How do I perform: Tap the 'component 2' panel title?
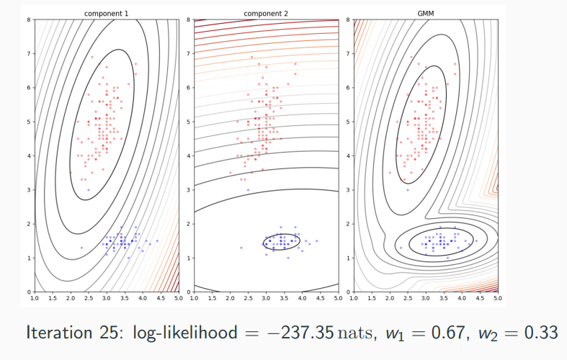264,12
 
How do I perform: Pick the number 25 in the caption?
110,333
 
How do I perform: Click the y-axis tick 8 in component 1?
29,19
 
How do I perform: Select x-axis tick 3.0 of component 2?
266,297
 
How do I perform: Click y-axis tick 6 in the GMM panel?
348,88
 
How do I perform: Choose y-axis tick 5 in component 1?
29,122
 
